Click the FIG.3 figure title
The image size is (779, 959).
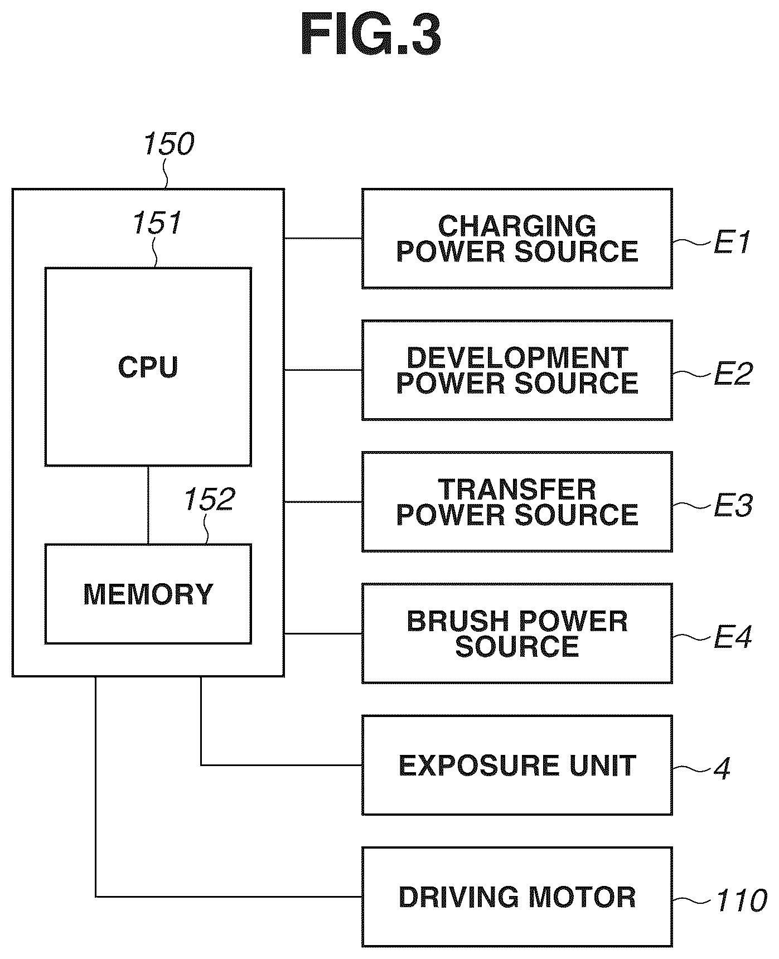(371, 35)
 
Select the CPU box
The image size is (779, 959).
(148, 367)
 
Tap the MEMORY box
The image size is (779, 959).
(148, 594)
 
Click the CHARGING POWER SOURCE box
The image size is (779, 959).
(517, 239)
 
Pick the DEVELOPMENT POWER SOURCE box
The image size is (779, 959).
(517, 370)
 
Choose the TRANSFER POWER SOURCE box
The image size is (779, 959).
(517, 502)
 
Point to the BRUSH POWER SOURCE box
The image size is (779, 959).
(517, 633)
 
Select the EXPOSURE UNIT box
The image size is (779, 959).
(517, 765)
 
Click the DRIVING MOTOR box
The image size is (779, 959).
(517, 897)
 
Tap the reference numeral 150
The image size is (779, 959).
(168, 144)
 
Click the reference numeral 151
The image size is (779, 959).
(157, 224)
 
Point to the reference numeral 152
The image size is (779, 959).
(209, 500)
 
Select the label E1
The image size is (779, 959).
(732, 243)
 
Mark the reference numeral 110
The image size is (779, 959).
(741, 900)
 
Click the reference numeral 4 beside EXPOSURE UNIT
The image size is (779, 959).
(722, 768)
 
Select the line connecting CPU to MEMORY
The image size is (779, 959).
(148, 505)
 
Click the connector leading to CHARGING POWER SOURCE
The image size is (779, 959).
(323, 239)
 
